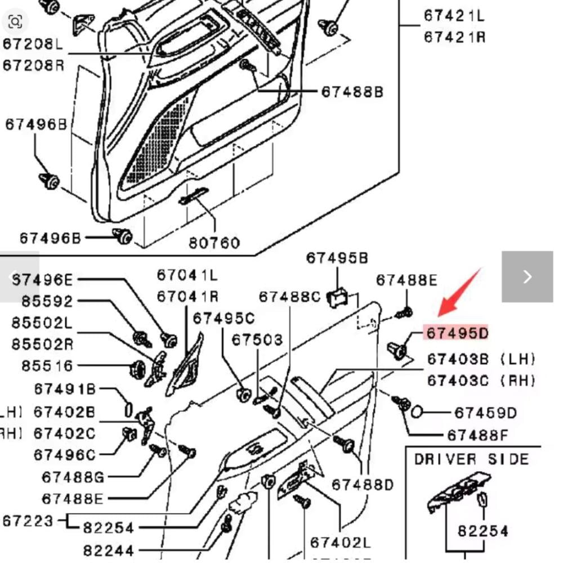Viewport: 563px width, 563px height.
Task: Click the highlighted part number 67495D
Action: [x=457, y=333]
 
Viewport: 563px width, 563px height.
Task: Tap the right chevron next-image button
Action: [x=527, y=276]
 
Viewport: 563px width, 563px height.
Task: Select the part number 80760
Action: [x=214, y=243]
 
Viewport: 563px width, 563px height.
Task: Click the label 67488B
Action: [x=352, y=92]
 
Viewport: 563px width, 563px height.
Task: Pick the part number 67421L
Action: [x=454, y=16]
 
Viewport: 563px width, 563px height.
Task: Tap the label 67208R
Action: [x=33, y=65]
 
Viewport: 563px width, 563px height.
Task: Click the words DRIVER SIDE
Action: [x=472, y=459]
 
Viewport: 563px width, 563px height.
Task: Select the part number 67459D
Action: [x=485, y=413]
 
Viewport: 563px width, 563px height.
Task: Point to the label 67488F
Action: [x=477, y=435]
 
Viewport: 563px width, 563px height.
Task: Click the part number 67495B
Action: [x=337, y=258]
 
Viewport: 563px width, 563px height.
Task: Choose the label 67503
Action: [x=257, y=339]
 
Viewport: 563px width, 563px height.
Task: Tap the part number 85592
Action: [x=47, y=301]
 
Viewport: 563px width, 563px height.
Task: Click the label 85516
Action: [x=47, y=366]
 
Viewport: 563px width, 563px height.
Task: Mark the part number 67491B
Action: [x=65, y=389]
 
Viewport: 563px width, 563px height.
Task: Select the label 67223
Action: [x=28, y=521]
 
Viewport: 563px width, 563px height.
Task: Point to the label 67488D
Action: [x=363, y=484]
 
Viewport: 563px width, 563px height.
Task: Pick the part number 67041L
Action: [x=187, y=275]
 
